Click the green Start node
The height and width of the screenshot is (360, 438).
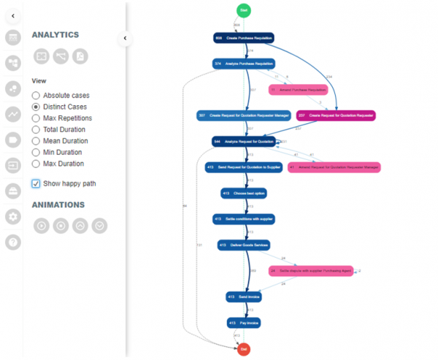(244, 9)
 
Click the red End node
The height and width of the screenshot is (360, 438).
(244, 349)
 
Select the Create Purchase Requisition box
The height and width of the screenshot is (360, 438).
(243, 37)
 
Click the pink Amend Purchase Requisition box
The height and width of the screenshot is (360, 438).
(297, 90)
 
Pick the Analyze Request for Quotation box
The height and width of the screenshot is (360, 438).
(244, 141)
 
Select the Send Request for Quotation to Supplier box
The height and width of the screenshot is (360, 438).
(244, 167)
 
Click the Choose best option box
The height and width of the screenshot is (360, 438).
(244, 193)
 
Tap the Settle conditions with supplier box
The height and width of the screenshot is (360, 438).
(244, 218)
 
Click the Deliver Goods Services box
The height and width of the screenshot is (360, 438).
(244, 245)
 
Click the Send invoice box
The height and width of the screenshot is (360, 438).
(244, 296)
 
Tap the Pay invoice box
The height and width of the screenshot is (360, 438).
(244, 322)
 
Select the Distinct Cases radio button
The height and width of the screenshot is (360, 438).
(36, 107)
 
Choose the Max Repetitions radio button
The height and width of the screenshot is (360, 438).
(36, 118)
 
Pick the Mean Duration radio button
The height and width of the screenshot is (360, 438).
(36, 141)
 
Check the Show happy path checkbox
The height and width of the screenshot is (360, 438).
(36, 183)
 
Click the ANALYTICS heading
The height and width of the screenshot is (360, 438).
(55, 34)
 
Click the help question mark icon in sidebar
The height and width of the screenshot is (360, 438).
(12, 242)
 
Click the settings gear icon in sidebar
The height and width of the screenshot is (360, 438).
(12, 216)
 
